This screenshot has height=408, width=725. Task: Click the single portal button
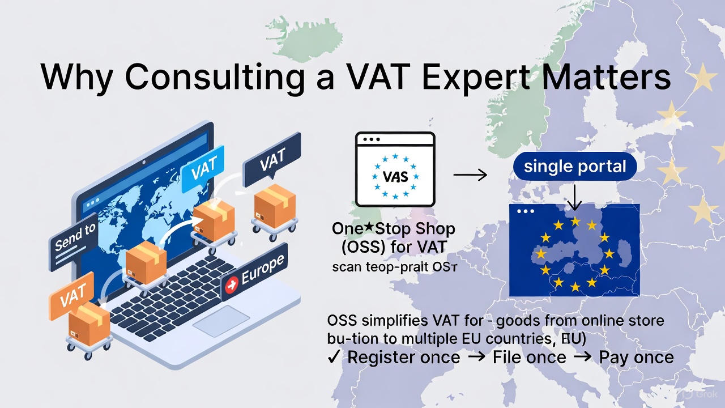[575, 166]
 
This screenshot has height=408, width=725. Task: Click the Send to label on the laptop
[75, 237]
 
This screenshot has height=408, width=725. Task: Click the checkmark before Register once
[334, 358]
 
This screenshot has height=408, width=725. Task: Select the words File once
[529, 358]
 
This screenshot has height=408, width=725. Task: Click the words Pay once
[636, 358]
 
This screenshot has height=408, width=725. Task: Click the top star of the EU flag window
[575, 221]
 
